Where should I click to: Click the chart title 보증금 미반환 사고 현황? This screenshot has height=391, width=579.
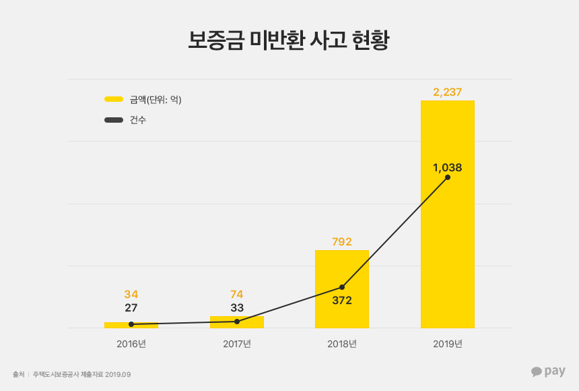(x=289, y=40)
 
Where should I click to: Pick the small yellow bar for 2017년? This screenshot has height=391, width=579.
(x=237, y=323)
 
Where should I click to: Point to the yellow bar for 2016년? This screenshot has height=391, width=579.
(x=131, y=326)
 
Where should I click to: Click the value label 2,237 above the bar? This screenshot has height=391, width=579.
(x=447, y=92)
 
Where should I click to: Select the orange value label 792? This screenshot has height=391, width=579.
(x=342, y=241)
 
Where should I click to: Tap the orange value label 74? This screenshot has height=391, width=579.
(x=236, y=294)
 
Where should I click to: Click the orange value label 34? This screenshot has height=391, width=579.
(x=131, y=294)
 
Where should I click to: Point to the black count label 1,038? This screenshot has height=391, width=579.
(x=447, y=167)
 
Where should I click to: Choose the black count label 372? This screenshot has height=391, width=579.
(x=342, y=300)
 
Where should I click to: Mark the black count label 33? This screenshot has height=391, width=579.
(x=236, y=307)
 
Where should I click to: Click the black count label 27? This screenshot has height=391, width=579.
(x=131, y=307)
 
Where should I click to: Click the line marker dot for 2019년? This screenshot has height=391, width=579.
(x=448, y=177)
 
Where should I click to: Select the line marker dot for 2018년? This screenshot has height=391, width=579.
(x=342, y=287)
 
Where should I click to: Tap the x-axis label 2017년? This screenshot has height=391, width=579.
(x=236, y=344)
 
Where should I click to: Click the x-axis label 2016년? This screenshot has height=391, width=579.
(x=131, y=344)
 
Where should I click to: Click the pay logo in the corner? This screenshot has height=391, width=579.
(x=548, y=371)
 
